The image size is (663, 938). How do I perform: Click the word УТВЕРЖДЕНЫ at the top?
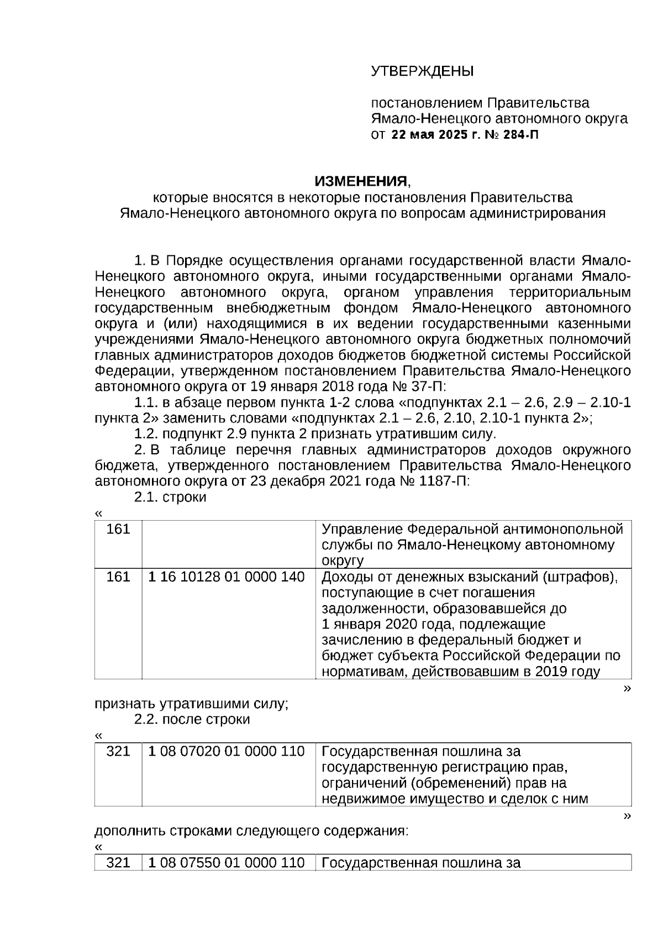click(x=422, y=71)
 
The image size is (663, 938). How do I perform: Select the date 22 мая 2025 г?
click(x=436, y=134)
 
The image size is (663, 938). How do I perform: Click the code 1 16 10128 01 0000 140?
click(x=227, y=577)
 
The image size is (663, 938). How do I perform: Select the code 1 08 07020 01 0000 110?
click(x=227, y=752)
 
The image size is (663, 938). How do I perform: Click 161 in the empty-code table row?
click(x=118, y=530)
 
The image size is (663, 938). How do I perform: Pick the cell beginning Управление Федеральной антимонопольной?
click(x=472, y=544)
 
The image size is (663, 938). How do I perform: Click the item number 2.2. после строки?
click(x=192, y=720)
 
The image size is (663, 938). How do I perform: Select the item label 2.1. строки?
click(x=170, y=497)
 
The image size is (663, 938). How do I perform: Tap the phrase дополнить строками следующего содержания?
click(x=251, y=831)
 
